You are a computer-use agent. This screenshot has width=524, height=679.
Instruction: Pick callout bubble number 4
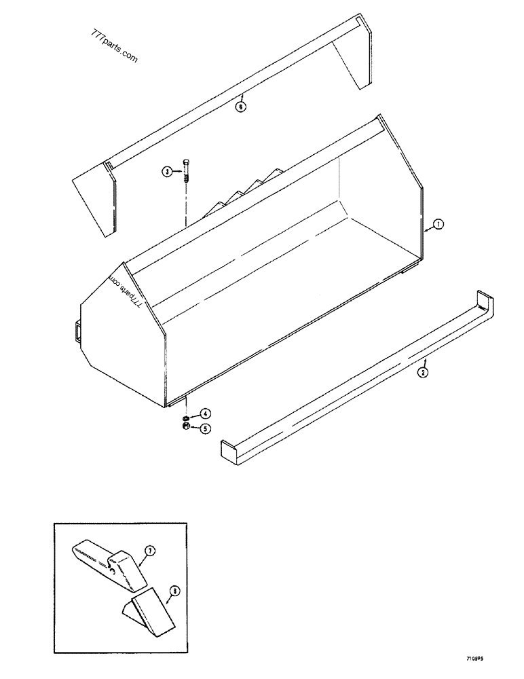[204, 413]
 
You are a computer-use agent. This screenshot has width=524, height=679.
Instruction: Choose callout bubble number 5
[204, 428]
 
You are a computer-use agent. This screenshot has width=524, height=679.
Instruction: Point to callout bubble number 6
[240, 105]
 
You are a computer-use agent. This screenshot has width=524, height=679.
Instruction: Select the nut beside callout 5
[185, 426]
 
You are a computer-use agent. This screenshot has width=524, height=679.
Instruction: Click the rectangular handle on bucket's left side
[75, 330]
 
